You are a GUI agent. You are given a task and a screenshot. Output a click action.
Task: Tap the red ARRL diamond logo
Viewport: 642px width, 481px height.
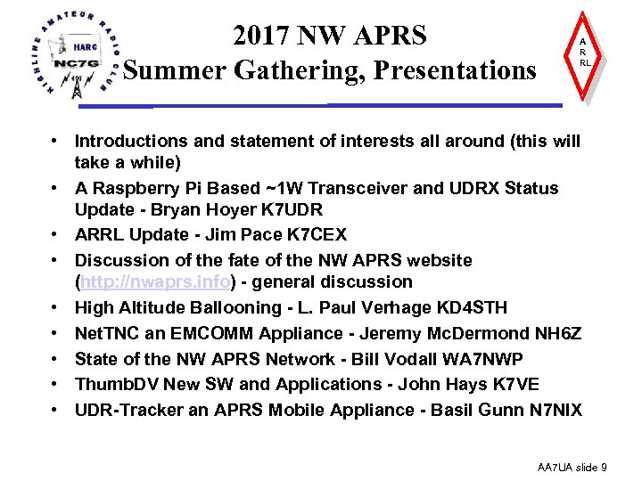click(x=583, y=53)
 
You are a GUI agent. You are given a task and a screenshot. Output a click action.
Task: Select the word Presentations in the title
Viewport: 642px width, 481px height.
click(x=455, y=69)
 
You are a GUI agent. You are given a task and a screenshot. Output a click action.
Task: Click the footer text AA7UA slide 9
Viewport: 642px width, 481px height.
click(x=572, y=467)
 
